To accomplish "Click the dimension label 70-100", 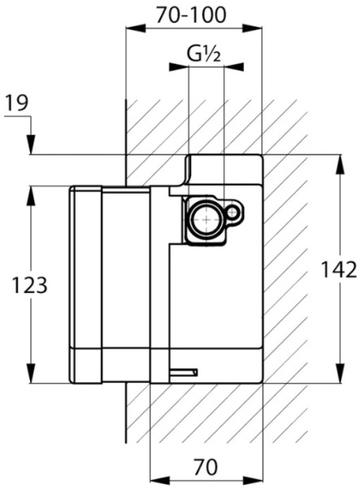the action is pos(191,15).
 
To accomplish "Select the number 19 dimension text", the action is pos(17,102).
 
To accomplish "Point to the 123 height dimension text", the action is pos(29,285).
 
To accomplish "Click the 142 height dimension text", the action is pos(339,270).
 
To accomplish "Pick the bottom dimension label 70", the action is pos(206,467).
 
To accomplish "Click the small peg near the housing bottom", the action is pos(184,373).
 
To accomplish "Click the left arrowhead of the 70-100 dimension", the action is pos(136,28).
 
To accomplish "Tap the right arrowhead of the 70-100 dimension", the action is pos(252,28).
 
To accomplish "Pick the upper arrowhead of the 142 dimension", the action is pos(340,164).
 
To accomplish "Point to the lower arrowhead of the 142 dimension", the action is pos(340,373).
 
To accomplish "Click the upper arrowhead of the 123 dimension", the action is pos(30,195).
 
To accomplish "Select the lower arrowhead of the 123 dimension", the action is pos(30,373).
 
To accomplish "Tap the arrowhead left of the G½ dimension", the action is pos(179,67).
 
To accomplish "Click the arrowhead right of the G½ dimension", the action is pos(234,67).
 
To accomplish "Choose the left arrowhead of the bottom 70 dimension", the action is pos(160,480).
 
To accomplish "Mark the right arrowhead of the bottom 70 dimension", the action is pos(253,480).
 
